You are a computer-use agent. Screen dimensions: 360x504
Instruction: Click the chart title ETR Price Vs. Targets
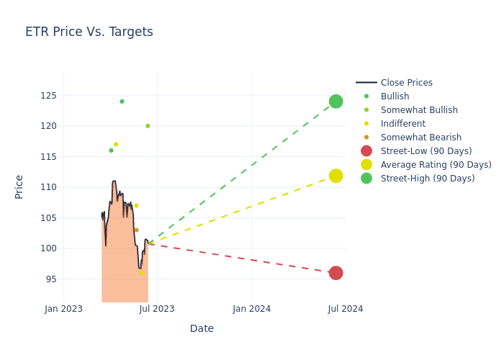89,32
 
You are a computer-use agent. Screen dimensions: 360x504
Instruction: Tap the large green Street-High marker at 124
336,102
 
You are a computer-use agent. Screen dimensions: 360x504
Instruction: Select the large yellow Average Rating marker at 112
336,176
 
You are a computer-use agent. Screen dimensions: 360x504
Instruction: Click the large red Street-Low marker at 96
336,273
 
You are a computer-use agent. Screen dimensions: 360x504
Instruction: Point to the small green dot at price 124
122,102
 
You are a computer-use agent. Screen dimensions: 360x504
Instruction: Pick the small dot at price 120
148,126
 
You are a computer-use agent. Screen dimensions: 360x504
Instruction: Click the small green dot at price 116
111,150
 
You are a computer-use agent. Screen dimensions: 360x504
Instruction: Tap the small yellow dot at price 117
115,145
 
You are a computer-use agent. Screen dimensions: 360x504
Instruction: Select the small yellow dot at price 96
141,273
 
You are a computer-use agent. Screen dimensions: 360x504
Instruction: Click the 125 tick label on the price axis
48,96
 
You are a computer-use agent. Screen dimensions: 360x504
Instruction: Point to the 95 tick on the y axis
50,279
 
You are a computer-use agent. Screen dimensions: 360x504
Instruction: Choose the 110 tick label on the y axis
48,187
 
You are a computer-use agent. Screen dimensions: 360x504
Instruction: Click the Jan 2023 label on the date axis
63,309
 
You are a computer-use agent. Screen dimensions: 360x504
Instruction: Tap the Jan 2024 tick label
252,309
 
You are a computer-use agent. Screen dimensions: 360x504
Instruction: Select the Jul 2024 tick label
346,309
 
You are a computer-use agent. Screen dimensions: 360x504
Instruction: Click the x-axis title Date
202,329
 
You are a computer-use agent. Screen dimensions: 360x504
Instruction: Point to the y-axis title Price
19,186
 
